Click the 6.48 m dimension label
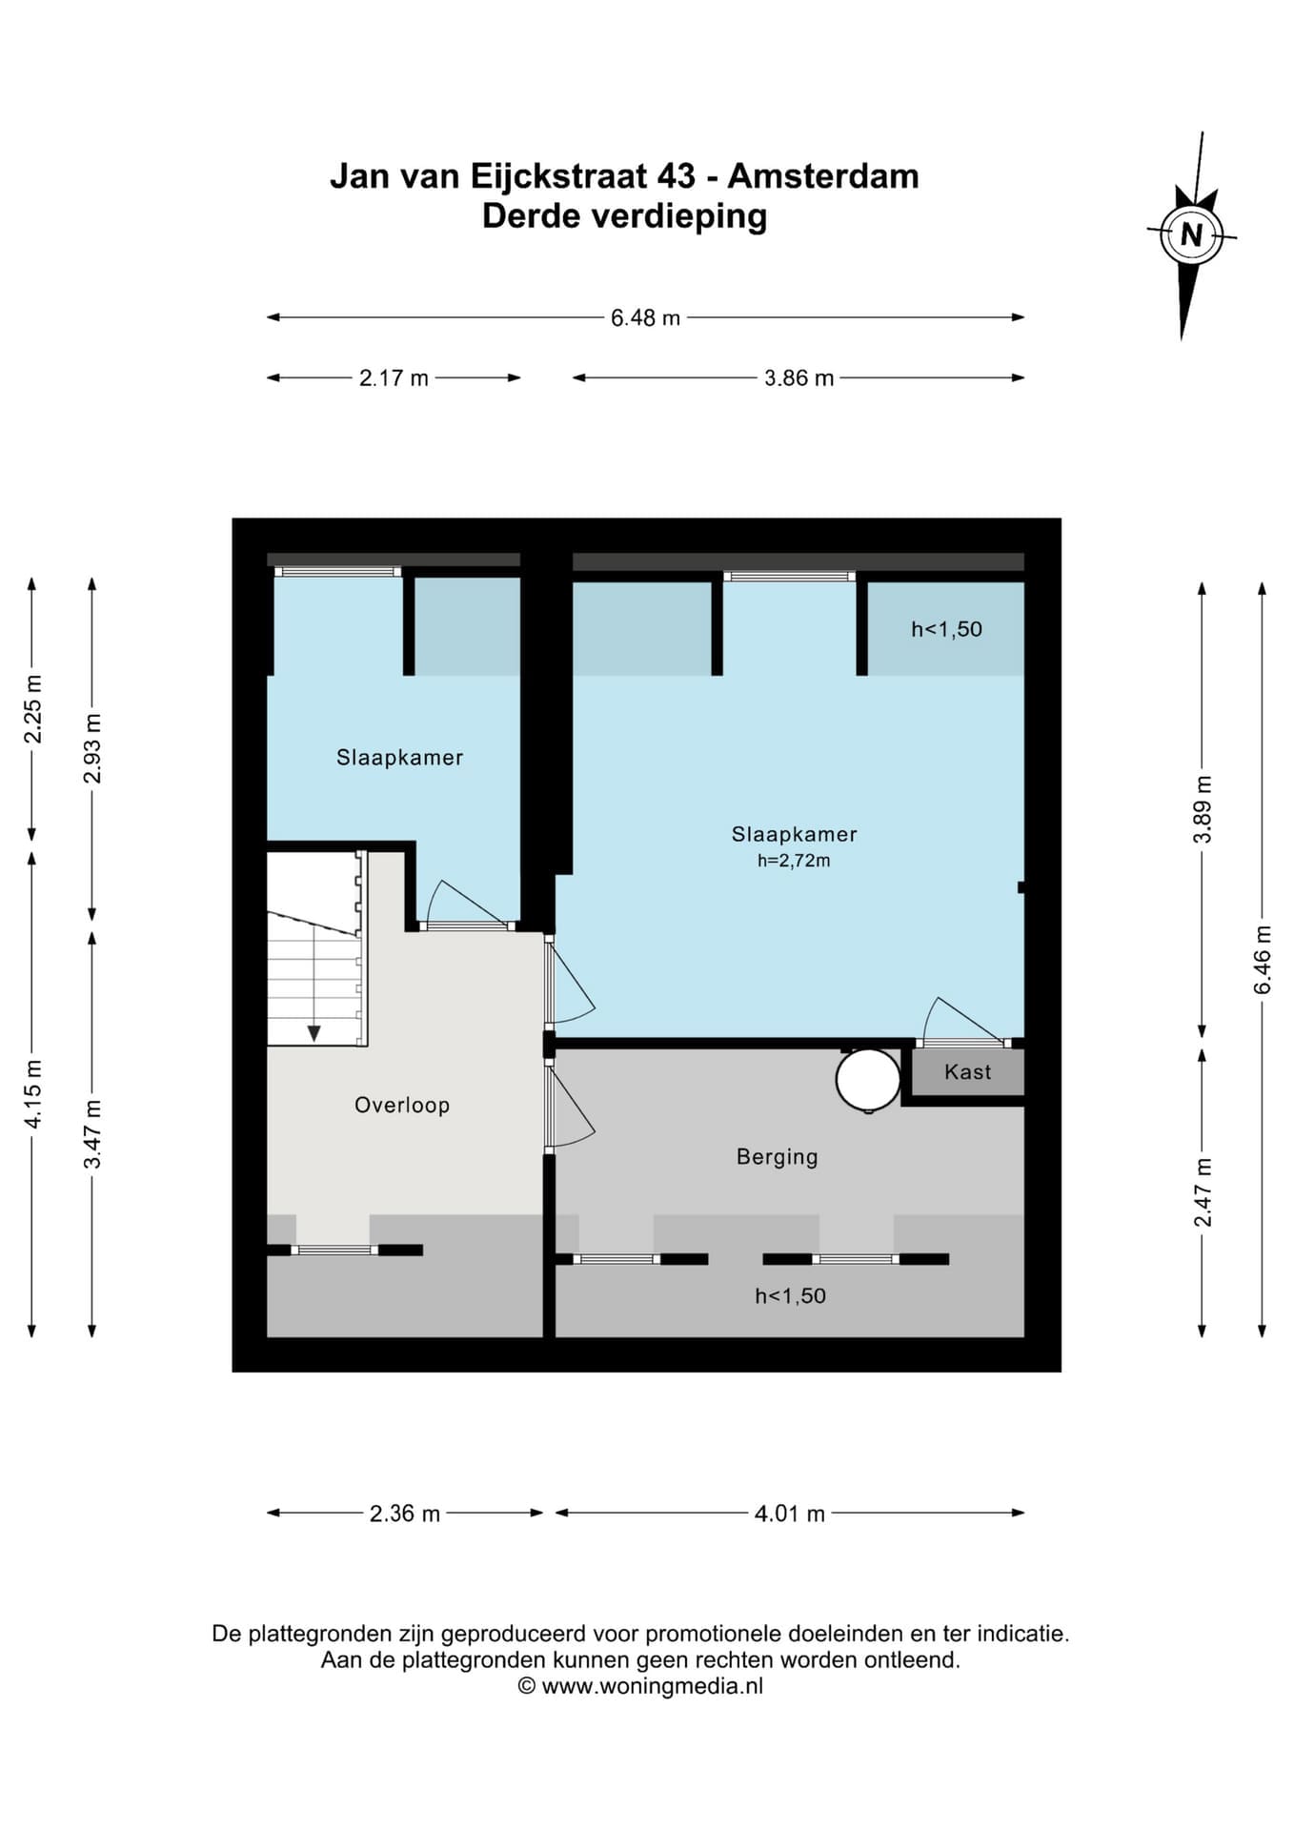pyautogui.click(x=645, y=317)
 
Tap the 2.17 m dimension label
pyautogui.click(x=394, y=378)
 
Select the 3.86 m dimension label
pyautogui.click(x=799, y=378)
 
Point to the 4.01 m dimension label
pyautogui.click(x=789, y=1514)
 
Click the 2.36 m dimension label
pyautogui.click(x=405, y=1514)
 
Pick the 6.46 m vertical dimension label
pyautogui.click(x=1263, y=960)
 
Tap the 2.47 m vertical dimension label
pyautogui.click(x=1203, y=1192)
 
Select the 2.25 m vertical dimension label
pyautogui.click(x=32, y=709)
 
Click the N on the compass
pyautogui.click(x=1191, y=234)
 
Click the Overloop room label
pyautogui.click(x=402, y=1106)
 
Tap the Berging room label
pyautogui.click(x=778, y=1157)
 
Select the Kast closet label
pyautogui.click(x=968, y=1072)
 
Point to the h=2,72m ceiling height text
pyautogui.click(x=794, y=861)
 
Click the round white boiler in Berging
pyautogui.click(x=868, y=1080)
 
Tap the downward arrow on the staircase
pyautogui.click(x=313, y=1033)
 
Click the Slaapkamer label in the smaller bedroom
pyautogui.click(x=400, y=758)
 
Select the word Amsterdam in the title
pyautogui.click(x=823, y=176)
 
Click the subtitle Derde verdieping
pyautogui.click(x=625, y=216)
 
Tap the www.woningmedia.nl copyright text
pyautogui.click(x=653, y=1686)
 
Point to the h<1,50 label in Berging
pyautogui.click(x=790, y=1296)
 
